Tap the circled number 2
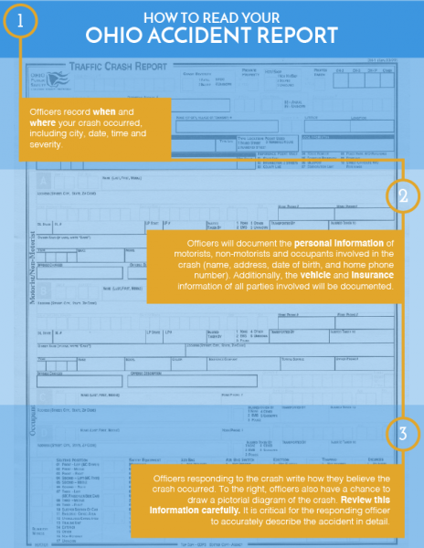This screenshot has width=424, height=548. [403, 195]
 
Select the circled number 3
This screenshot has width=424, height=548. [403, 432]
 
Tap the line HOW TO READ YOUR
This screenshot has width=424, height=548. [212, 15]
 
